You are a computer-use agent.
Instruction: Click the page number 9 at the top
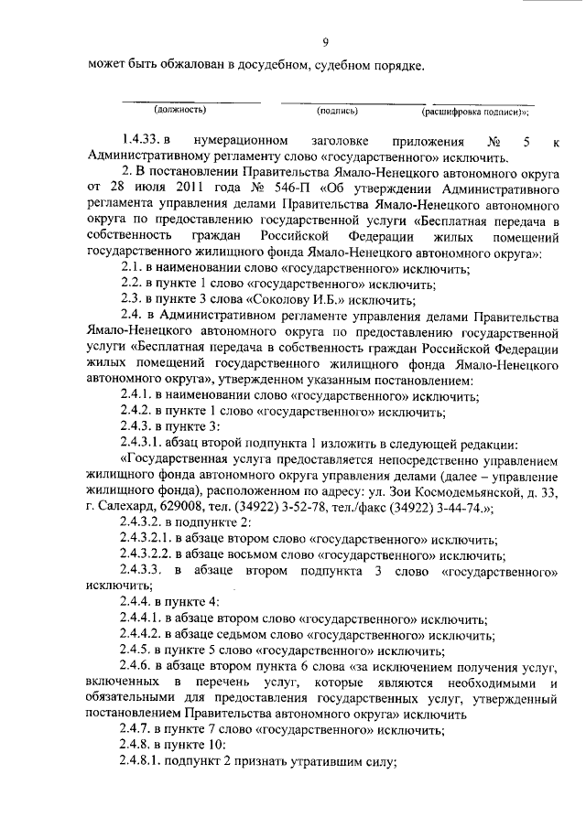pos(326,40)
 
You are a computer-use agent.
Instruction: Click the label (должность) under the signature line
pos(179,110)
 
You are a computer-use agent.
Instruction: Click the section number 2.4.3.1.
pos(147,439)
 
